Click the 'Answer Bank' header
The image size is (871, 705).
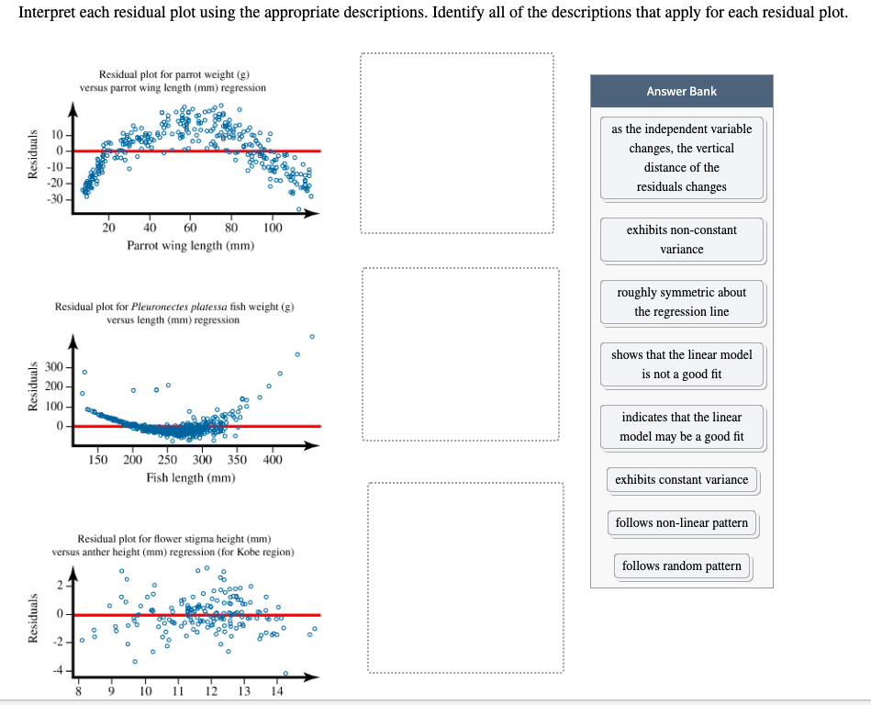coord(681,91)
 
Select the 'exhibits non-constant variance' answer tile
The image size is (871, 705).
coord(681,239)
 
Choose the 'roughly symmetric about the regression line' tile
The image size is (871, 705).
coord(681,302)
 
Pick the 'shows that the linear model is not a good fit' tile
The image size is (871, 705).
coord(681,364)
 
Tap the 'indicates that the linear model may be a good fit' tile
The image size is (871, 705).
coord(681,427)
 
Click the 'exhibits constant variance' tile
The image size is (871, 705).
coord(681,479)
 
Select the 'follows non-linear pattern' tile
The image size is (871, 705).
coord(681,522)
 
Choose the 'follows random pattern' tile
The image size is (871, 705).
coord(681,565)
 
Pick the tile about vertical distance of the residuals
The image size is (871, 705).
coord(681,158)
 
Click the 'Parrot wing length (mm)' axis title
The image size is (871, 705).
coord(190,245)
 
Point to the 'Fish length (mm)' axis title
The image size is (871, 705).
coord(190,477)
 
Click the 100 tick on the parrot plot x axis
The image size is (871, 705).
coord(273,228)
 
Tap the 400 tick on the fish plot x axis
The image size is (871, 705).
coord(273,459)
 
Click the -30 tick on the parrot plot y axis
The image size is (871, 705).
coord(55,198)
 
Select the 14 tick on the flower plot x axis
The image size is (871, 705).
coord(277,691)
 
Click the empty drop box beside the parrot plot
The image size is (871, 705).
coord(457,144)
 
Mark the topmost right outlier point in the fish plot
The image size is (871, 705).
coord(312,337)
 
